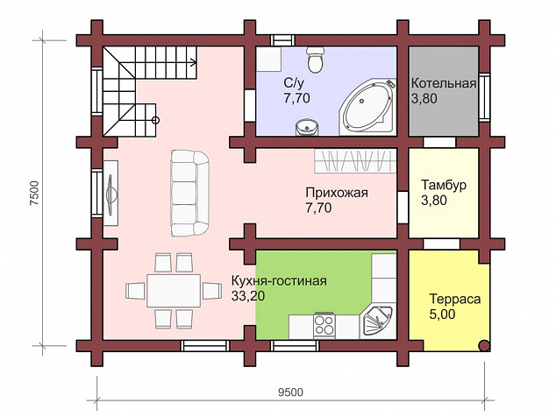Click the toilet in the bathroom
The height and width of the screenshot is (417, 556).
(x=315, y=59)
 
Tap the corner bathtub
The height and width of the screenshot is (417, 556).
(x=368, y=106)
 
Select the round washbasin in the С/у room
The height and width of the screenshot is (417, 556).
(x=306, y=127)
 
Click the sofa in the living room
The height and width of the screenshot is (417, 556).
(x=189, y=193)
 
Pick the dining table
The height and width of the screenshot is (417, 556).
(x=174, y=291)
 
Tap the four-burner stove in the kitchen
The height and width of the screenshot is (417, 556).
(x=324, y=325)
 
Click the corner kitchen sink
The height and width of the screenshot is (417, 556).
(x=377, y=322)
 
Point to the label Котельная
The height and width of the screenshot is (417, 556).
(x=443, y=83)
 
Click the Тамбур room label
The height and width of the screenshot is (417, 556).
(x=444, y=185)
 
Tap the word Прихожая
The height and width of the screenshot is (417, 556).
(x=337, y=193)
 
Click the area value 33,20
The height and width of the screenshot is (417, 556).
(x=248, y=296)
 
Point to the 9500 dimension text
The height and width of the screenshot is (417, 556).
(x=291, y=392)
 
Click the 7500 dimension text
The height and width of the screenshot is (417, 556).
(x=34, y=193)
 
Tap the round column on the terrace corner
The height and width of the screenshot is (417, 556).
(x=484, y=345)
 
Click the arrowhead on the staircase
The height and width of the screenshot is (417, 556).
(x=194, y=63)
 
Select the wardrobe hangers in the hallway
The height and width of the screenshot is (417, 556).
(x=355, y=161)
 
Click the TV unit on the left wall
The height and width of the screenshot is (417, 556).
(x=111, y=193)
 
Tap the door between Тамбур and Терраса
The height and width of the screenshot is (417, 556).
(x=441, y=244)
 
